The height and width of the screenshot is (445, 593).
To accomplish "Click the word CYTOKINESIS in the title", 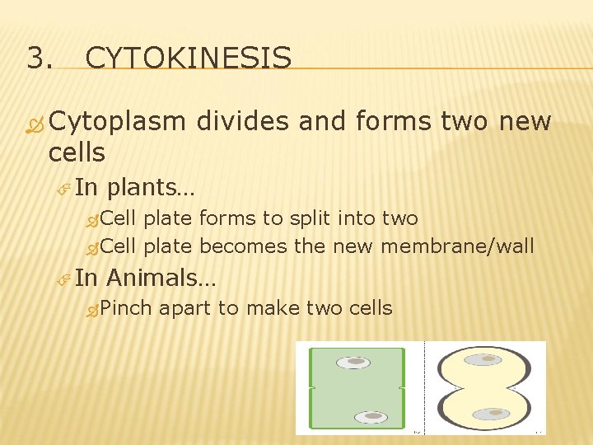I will pyautogui.click(x=188, y=59).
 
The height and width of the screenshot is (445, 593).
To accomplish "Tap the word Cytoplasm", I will pyautogui.click(x=117, y=122).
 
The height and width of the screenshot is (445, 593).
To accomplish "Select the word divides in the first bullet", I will pyautogui.click(x=243, y=121).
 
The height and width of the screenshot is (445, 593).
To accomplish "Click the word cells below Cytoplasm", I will pyautogui.click(x=77, y=152).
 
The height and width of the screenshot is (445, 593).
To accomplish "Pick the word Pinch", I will pyautogui.click(x=129, y=308).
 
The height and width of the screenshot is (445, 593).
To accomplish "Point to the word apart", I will pyautogui.click(x=185, y=309).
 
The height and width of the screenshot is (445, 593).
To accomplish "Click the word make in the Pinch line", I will pyautogui.click(x=273, y=308).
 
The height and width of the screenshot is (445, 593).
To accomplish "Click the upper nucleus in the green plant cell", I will pyautogui.click(x=357, y=362).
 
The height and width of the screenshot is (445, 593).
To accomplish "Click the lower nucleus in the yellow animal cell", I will pyautogui.click(x=493, y=411).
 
